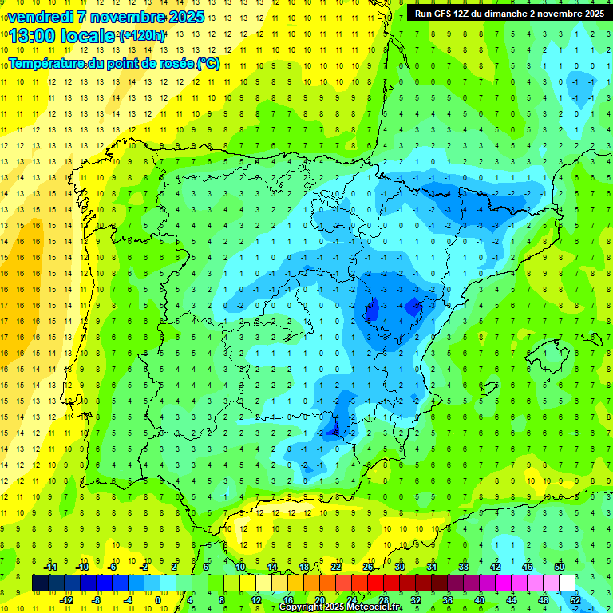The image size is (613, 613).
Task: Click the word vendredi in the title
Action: point(43,17)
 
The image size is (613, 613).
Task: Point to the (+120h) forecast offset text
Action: point(142,36)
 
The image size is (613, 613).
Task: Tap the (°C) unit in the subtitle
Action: point(208,64)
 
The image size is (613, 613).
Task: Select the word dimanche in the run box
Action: point(520,14)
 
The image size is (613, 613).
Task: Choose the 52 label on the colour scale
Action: point(575,599)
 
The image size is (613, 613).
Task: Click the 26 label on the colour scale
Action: point(368,566)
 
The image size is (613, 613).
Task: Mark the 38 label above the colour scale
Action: point(464,566)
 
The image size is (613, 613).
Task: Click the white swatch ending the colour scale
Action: point(568,583)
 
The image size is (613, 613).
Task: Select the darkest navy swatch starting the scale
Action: point(40,583)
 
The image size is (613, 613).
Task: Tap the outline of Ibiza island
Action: point(488,389)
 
